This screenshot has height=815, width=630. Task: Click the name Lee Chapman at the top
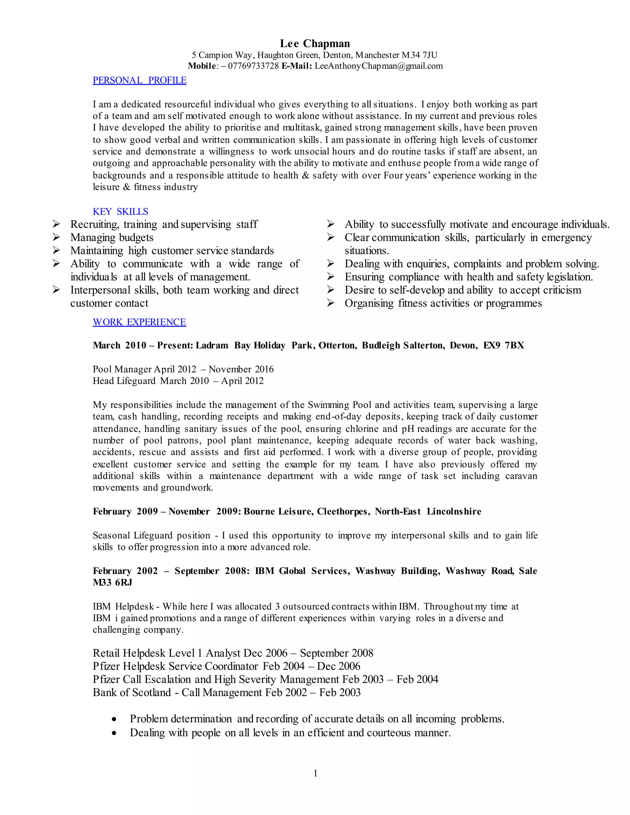tap(315, 44)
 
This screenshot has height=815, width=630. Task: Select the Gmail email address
tap(378, 66)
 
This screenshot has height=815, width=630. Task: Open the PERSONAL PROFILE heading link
tap(139, 80)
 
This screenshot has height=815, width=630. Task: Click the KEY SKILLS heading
tap(120, 212)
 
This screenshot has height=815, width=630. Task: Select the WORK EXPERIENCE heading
tap(139, 322)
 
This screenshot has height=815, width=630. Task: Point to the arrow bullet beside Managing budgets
tap(56, 237)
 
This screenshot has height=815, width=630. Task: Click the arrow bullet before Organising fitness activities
tap(331, 303)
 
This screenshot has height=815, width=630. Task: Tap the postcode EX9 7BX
tap(504, 345)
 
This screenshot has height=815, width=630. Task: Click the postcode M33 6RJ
tap(112, 582)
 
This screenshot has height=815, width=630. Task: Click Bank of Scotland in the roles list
tap(131, 692)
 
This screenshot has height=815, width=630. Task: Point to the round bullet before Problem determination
tap(114, 719)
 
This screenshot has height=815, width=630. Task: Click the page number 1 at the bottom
tap(315, 773)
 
